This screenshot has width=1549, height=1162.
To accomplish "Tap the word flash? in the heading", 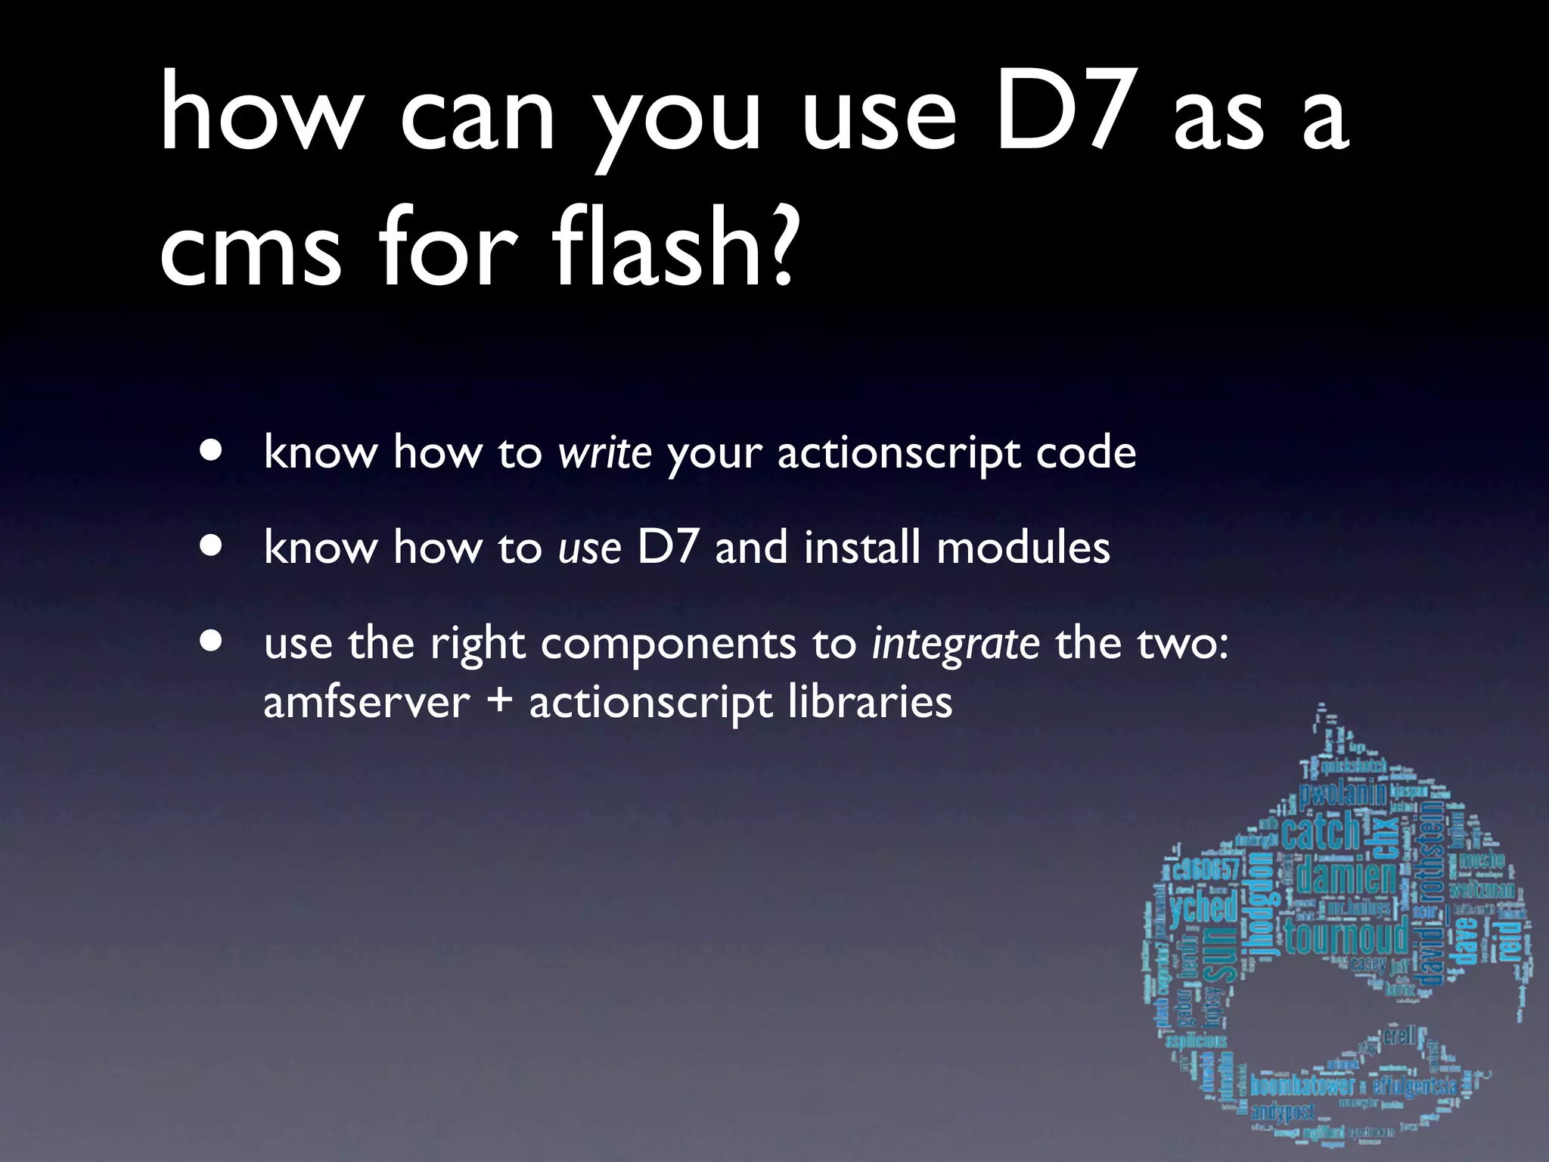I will pyautogui.click(x=673, y=246).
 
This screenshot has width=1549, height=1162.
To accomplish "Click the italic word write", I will pyautogui.click(x=604, y=453).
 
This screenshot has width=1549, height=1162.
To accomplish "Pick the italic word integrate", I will pyautogui.click(x=955, y=645).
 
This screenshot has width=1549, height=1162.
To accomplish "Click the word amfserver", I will pyautogui.click(x=366, y=703).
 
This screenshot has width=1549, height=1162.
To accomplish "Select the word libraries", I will pyautogui.click(x=870, y=701).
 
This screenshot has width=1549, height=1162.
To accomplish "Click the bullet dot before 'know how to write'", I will pyautogui.click(x=212, y=450).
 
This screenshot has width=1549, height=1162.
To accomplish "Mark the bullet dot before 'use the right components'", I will pyautogui.click(x=212, y=642).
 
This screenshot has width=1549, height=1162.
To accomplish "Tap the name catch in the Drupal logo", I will pyautogui.click(x=1320, y=831).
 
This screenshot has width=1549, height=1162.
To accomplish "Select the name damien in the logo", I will pyautogui.click(x=1347, y=878).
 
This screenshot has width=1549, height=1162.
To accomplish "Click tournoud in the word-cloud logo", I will pyautogui.click(x=1346, y=937).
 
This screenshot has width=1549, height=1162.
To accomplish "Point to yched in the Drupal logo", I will pyautogui.click(x=1203, y=907).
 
